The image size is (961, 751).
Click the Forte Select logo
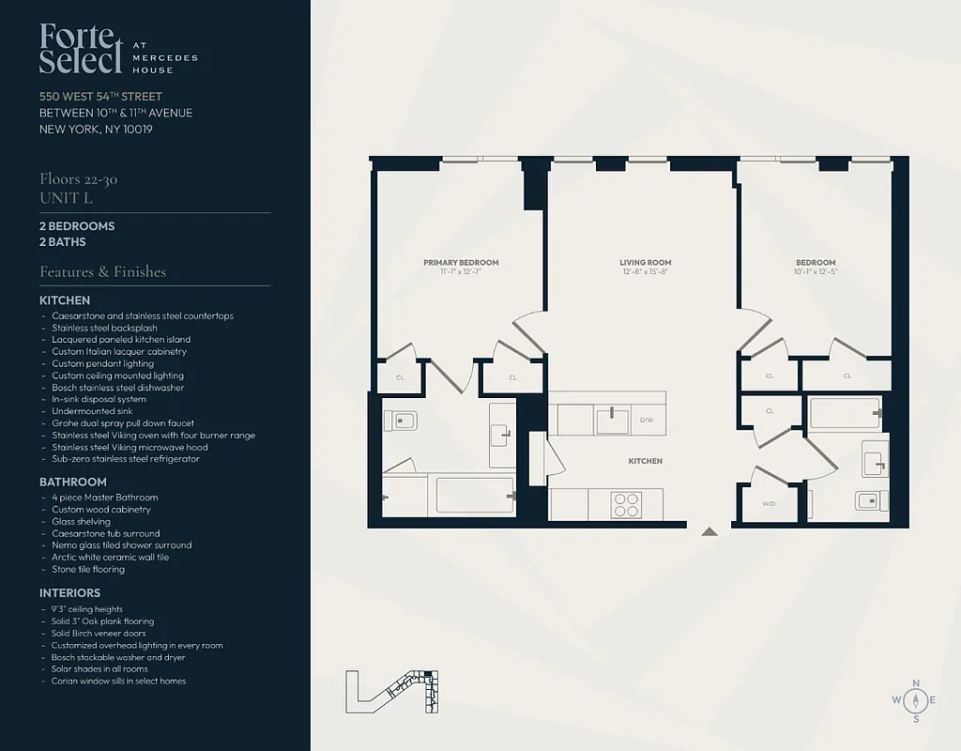click(81, 49)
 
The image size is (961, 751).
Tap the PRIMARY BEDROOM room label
click(461, 263)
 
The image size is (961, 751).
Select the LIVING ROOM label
click(645, 263)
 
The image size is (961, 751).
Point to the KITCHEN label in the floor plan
click(645, 461)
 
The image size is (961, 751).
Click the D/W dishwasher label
click(646, 420)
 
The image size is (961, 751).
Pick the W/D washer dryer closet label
click(769, 504)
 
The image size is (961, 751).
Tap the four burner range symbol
click(625, 504)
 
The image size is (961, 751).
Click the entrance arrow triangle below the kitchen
click(709, 531)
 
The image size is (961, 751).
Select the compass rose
click(916, 700)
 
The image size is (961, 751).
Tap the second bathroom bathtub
click(845, 412)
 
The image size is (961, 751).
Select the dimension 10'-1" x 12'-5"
click(816, 272)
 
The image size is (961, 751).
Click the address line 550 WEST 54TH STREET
click(100, 97)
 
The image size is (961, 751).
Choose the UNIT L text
click(66, 198)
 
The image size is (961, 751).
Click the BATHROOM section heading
click(73, 482)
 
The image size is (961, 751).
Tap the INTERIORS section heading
click(69, 593)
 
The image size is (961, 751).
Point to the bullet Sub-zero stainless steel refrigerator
click(126, 459)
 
